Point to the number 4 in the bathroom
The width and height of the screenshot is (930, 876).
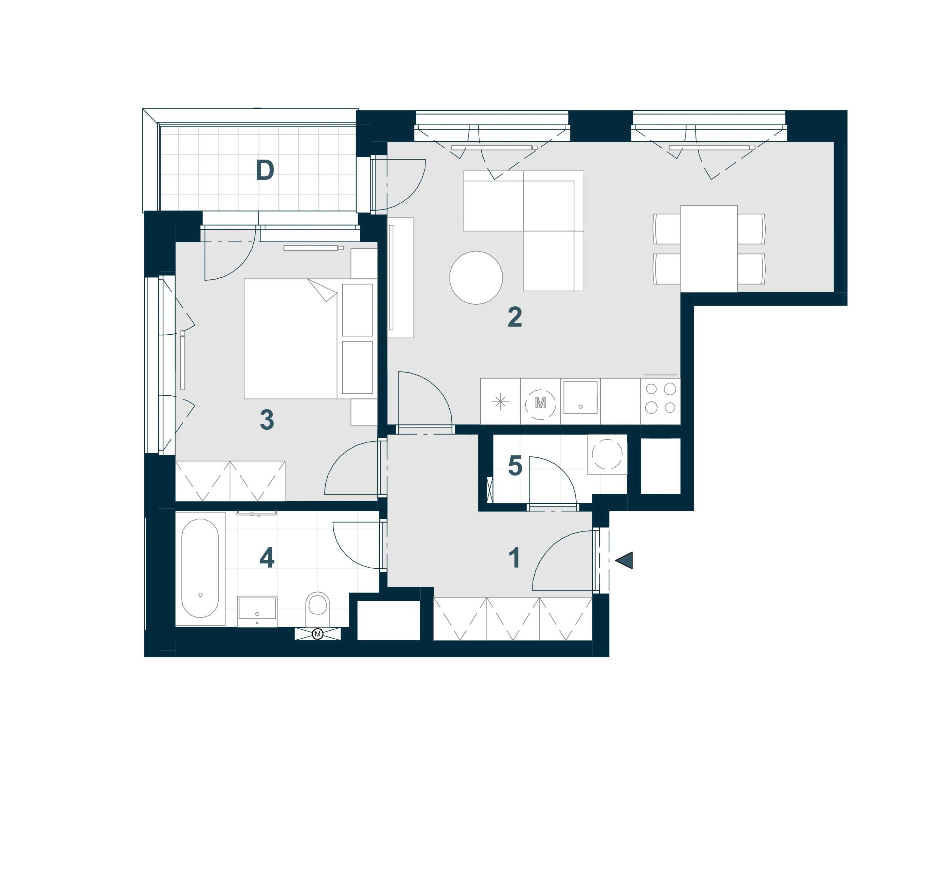tap(267, 558)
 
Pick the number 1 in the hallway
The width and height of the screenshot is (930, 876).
tap(514, 558)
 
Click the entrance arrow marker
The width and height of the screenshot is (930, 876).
tap(624, 560)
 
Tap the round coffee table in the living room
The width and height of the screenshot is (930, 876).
tap(476, 278)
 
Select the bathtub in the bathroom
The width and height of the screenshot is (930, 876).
tap(200, 568)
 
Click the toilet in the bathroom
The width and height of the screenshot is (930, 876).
tap(318, 608)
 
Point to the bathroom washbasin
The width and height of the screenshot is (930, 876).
tap(257, 611)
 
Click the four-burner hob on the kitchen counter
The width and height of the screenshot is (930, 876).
tap(661, 398)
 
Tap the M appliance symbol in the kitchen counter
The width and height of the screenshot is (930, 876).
tap(540, 402)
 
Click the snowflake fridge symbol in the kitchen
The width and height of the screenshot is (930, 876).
tap(500, 402)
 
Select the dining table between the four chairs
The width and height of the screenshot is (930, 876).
tap(709, 249)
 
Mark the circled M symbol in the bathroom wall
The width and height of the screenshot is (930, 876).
tap(318, 634)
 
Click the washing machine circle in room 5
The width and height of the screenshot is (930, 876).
tap(607, 454)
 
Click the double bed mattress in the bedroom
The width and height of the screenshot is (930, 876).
tap(290, 338)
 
